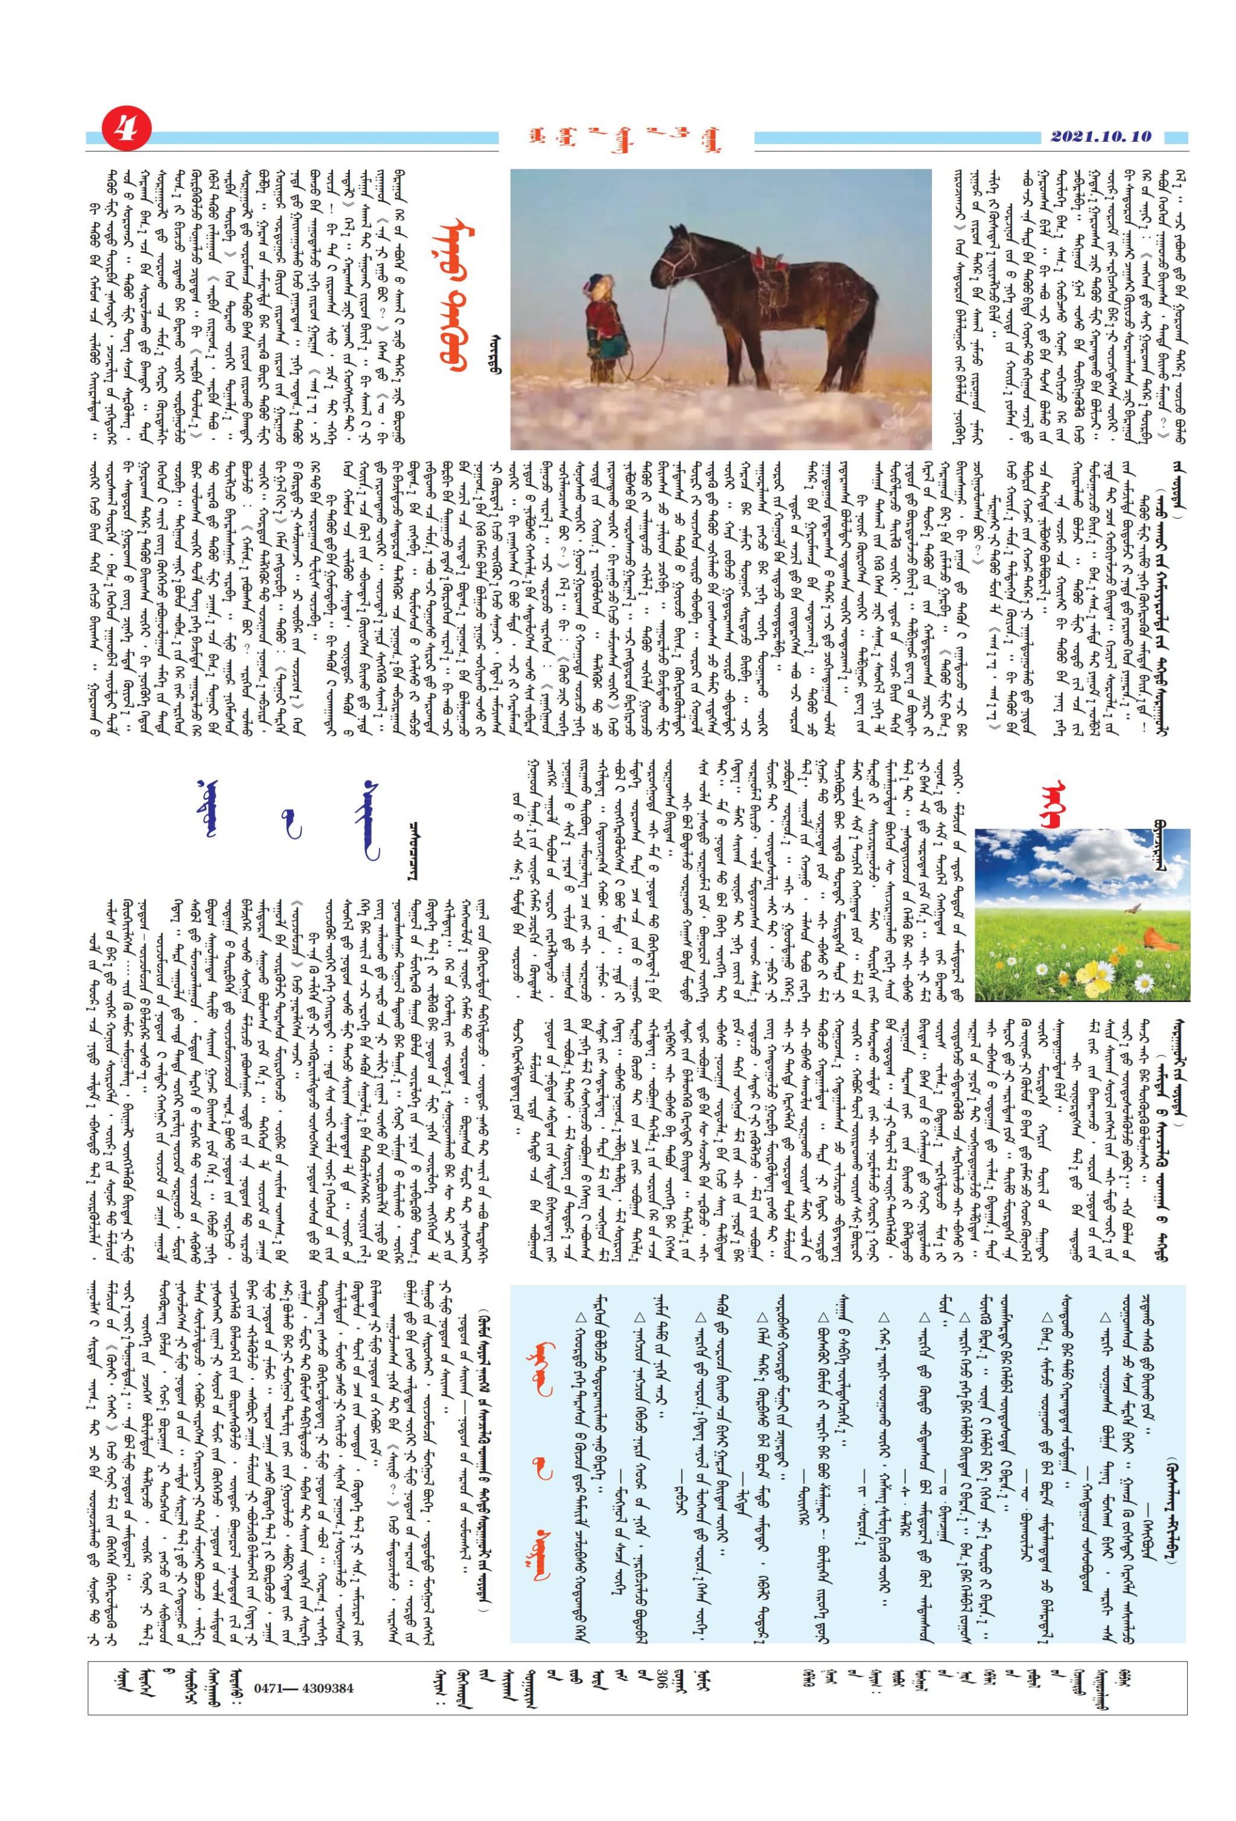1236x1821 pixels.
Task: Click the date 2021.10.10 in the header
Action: [x=1096, y=136]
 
